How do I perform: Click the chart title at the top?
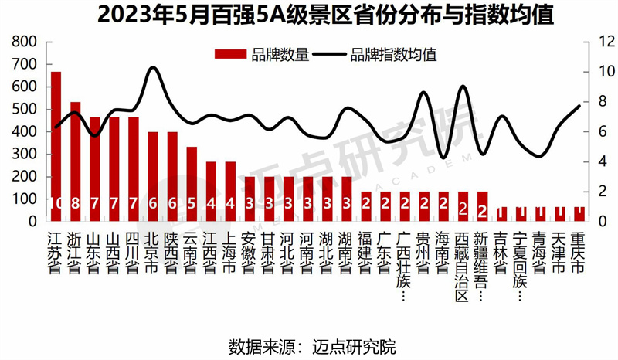[309, 15]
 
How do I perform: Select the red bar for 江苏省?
[56, 139]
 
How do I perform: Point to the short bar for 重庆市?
[579, 213]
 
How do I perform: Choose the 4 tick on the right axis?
[589, 161]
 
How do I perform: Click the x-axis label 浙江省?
[75, 251]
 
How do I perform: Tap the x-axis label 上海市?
[229, 251]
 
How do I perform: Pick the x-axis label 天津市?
[559, 251]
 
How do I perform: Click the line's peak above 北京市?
[153, 68]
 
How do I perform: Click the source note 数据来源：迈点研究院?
[308, 345]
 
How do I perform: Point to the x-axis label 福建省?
[365, 251]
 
